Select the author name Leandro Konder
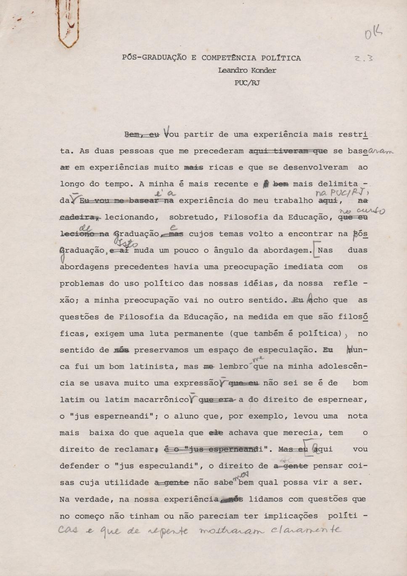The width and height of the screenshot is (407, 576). coord(247,71)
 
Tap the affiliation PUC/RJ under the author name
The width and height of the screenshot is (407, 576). coord(247,83)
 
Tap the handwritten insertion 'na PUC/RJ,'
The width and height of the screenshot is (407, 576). coord(334,193)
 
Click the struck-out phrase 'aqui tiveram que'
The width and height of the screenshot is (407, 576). coord(288,151)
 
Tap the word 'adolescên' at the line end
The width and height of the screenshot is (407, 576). coord(343,367)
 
